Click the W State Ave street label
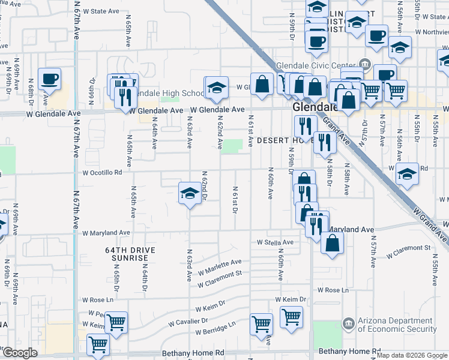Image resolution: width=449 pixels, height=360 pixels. pyautogui.click(x=102, y=11)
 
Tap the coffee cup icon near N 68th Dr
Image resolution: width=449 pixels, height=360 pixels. pyautogui.click(x=49, y=79)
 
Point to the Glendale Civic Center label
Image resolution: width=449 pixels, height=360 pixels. pyautogui.click(x=315, y=66)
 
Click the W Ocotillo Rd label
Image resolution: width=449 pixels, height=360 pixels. pyautogui.click(x=102, y=172)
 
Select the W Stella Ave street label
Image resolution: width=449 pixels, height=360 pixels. pyautogui.click(x=274, y=242)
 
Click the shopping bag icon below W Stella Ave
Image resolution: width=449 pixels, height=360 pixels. pyautogui.click(x=332, y=244)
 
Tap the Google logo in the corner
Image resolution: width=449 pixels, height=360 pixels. pyautogui.click(x=20, y=353)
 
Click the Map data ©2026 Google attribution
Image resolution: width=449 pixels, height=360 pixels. pyautogui.click(x=412, y=355)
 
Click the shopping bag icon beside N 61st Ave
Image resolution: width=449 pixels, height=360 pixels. pyautogui.click(x=262, y=85)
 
